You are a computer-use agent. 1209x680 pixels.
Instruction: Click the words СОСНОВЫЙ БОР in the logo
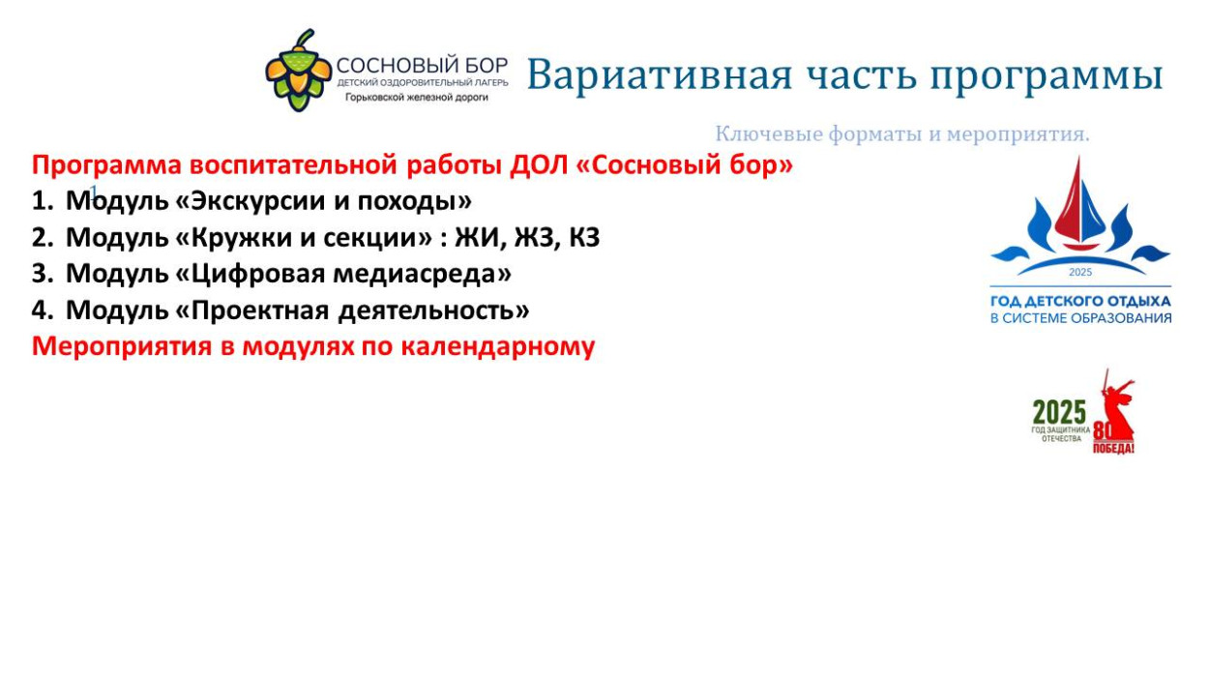[422, 66]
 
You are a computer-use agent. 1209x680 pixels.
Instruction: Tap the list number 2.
[39, 238]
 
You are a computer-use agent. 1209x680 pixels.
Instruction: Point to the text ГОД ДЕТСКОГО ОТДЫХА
[1079, 301]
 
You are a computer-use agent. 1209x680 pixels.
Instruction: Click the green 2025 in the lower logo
[1058, 412]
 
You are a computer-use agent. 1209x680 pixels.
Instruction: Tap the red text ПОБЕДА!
[1113, 449]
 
